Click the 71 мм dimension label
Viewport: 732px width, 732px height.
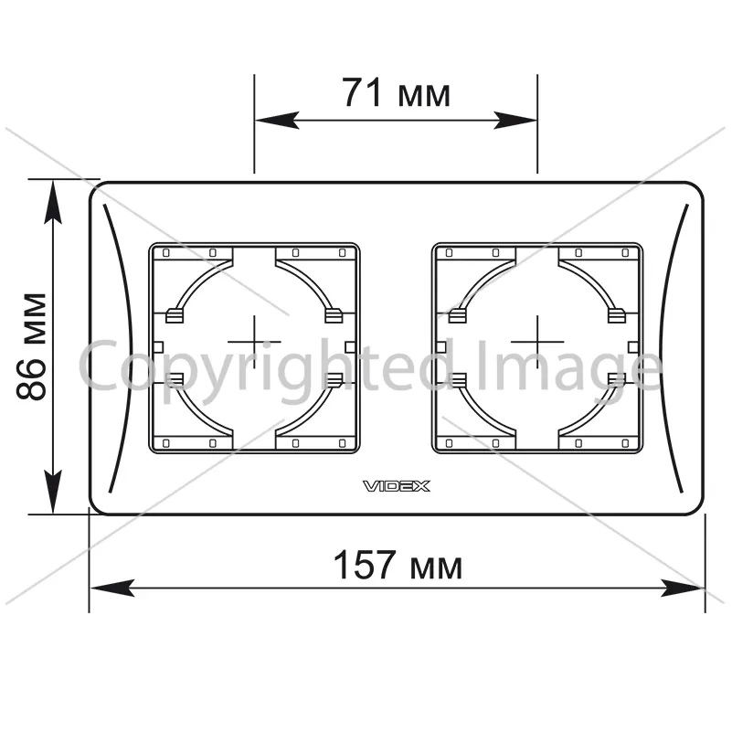click(x=397, y=92)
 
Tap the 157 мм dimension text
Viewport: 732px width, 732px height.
click(x=398, y=565)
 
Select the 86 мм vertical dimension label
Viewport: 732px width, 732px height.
click(x=31, y=346)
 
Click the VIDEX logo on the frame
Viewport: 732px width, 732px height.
click(x=397, y=486)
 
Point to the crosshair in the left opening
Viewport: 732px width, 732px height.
click(x=254, y=342)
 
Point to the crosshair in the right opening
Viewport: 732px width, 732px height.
click(x=537, y=342)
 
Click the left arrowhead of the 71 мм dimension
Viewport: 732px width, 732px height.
click(x=277, y=121)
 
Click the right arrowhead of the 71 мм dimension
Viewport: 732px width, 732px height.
click(x=515, y=121)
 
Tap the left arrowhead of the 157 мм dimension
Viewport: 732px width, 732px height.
click(x=112, y=589)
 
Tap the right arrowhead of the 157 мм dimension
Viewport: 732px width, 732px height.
click(x=683, y=589)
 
